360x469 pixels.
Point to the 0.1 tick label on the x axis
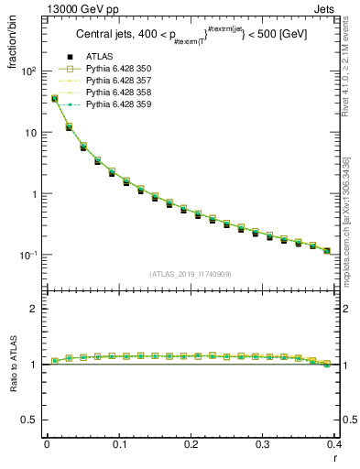click(118, 443)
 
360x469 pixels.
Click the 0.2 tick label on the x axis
click(191, 443)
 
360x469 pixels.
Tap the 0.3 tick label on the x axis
click(263, 443)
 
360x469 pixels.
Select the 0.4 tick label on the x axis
click(333, 443)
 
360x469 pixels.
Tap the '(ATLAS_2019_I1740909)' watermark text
click(190, 275)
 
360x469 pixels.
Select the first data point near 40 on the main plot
click(54, 98)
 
